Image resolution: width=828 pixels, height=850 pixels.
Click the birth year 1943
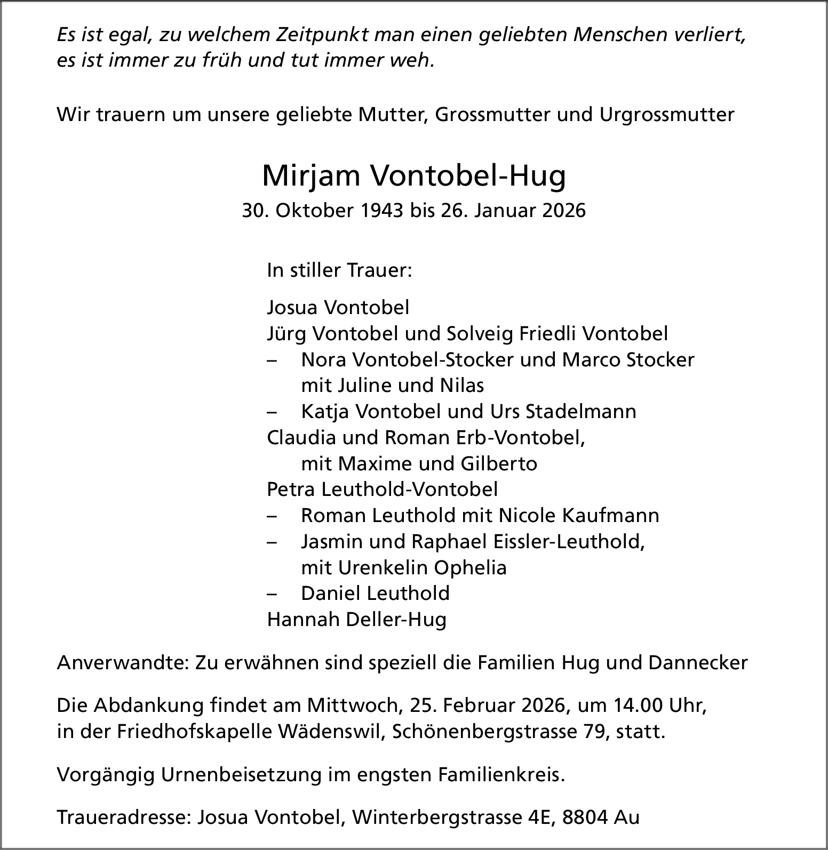point(381,211)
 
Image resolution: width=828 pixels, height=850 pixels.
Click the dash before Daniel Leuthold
point(273,594)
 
